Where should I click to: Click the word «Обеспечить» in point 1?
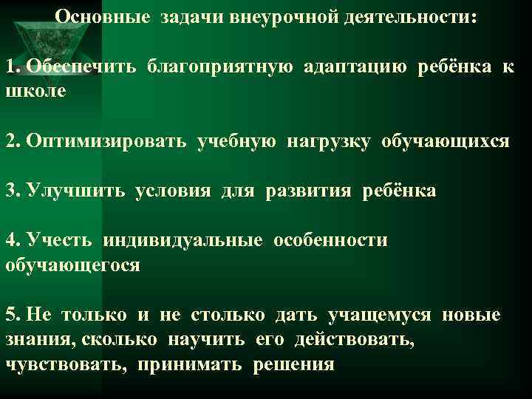coord(81,67)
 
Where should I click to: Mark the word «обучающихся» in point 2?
coord(446,141)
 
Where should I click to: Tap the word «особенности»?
coord(330,240)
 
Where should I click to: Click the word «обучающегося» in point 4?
coord(72,264)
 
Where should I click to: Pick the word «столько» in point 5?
coord(228,315)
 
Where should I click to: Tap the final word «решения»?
coord(294,364)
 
